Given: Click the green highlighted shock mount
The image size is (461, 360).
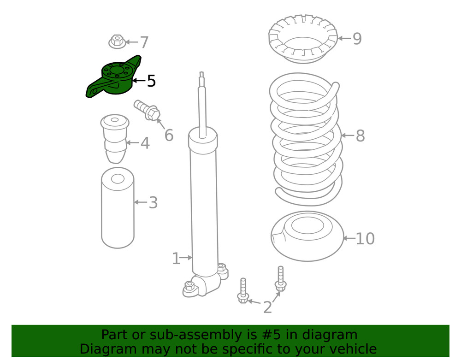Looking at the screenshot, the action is tap(115, 78).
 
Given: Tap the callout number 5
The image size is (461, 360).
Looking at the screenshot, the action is tap(151, 81).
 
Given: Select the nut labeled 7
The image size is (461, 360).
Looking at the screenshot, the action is tap(117, 42).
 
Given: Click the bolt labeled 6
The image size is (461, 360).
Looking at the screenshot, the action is tap(147, 110).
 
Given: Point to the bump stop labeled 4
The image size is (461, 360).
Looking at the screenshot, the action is tap(115, 138).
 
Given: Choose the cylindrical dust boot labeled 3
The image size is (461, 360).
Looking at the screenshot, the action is tap(118, 208).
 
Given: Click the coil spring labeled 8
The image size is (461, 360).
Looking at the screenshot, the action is tap(306, 139).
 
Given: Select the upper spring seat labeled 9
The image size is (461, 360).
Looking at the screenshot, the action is tap(303, 39).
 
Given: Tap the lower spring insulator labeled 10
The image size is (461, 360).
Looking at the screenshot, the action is tap(307, 236).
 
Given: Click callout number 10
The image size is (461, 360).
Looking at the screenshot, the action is tap(365, 239).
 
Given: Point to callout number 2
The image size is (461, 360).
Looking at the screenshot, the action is tap(267, 307).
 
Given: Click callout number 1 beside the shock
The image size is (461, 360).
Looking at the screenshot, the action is tap(176, 259).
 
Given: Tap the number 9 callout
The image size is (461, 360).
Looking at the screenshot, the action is tap(357, 39).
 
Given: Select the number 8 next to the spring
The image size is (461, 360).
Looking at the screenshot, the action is tap(360, 136).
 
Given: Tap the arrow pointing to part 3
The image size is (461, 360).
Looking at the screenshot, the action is tap(141, 202).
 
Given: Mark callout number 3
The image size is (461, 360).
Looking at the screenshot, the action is tap(153, 203).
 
